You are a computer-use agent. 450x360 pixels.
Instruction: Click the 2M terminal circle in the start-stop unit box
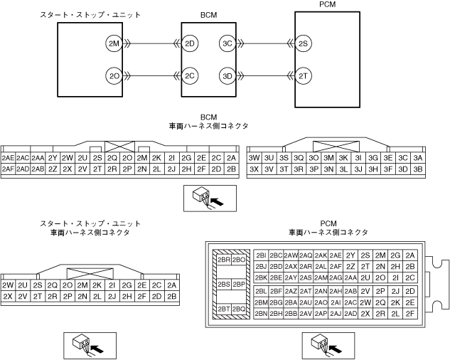[x=114, y=44]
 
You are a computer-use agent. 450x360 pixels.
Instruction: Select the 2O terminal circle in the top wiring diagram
[x=114, y=75]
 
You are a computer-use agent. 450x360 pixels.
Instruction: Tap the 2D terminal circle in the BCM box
[x=190, y=44]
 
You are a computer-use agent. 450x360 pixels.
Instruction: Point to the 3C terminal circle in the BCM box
[x=227, y=44]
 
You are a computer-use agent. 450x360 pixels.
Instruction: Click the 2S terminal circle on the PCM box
[x=304, y=44]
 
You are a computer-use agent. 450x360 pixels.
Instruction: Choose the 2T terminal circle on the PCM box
[x=304, y=75]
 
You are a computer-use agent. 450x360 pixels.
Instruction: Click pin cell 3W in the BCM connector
[x=254, y=158]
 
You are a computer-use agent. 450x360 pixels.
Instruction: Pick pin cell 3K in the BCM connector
[x=343, y=158]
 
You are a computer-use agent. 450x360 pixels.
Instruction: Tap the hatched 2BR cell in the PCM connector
[x=223, y=260]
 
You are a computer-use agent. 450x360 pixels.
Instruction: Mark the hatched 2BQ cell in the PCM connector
[x=239, y=309]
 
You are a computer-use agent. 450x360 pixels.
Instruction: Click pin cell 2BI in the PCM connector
[x=261, y=255]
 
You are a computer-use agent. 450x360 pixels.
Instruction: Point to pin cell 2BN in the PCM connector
[x=261, y=313]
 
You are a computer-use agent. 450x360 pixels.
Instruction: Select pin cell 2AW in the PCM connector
[x=291, y=255]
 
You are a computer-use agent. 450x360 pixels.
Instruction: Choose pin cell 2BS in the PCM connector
[x=223, y=285]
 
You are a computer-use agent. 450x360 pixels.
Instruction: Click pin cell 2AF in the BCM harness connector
[x=9, y=169]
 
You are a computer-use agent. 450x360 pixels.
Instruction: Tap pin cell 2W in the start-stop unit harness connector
[x=9, y=285]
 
